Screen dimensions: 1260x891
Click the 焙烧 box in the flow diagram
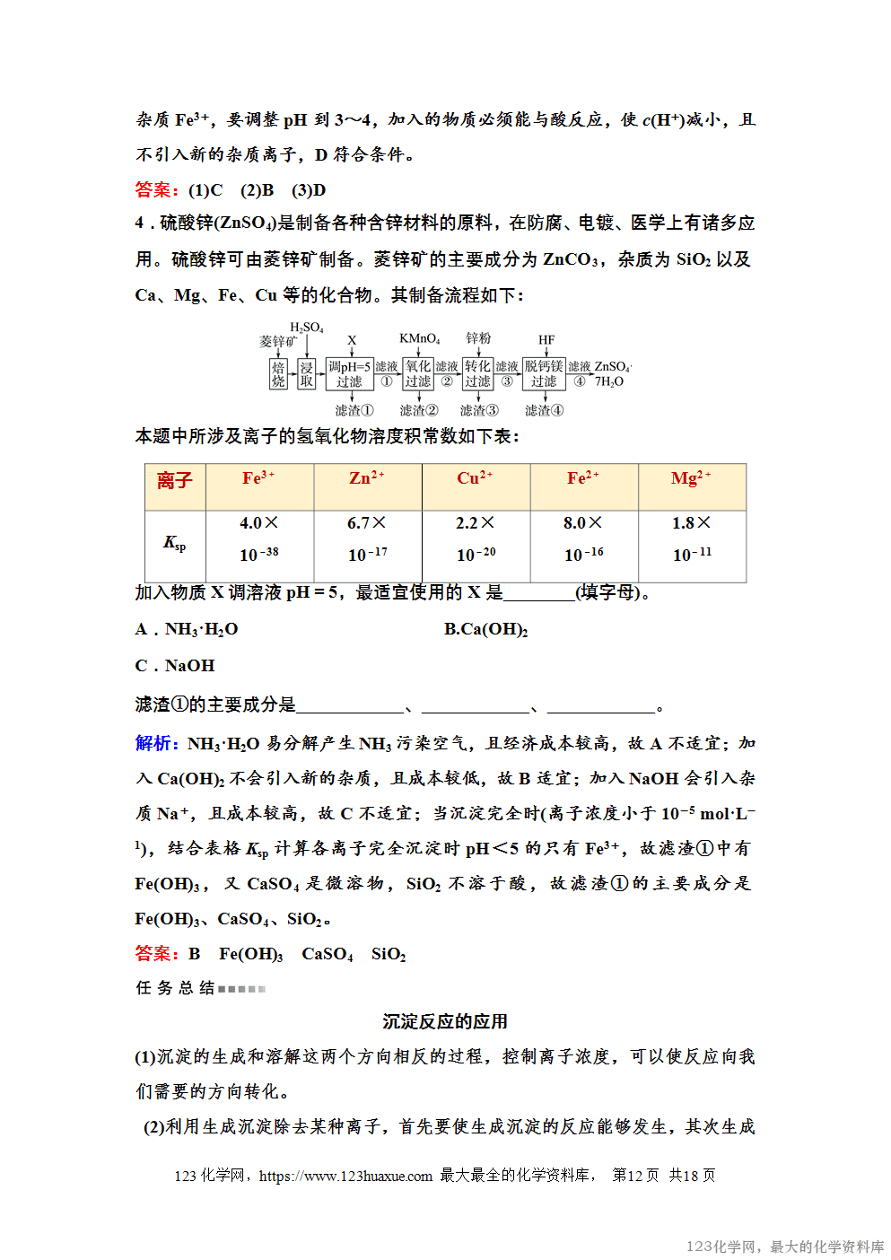tap(278, 374)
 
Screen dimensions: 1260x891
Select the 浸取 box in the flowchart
tap(307, 374)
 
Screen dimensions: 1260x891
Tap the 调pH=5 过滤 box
tap(349, 374)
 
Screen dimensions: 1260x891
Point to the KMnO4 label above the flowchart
tap(419, 338)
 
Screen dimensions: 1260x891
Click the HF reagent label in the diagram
tap(546, 340)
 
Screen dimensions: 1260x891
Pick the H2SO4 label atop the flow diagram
tap(306, 328)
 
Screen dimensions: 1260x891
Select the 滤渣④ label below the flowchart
tap(544, 410)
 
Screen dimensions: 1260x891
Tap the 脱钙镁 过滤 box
tap(544, 374)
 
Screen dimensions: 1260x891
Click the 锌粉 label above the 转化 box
tap(478, 338)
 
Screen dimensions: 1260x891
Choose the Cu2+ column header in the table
tap(475, 478)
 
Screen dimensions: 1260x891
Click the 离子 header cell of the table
tap(175, 481)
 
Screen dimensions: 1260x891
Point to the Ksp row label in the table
tap(175, 543)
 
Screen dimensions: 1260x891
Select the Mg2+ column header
tap(691, 478)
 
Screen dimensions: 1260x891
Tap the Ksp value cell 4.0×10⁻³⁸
tap(259, 538)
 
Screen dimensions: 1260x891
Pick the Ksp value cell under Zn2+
tap(367, 538)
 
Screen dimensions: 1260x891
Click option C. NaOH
tap(175, 666)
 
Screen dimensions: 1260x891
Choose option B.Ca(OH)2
tap(485, 629)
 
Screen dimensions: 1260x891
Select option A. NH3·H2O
tap(187, 629)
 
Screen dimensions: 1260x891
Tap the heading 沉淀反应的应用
tap(445, 1021)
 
